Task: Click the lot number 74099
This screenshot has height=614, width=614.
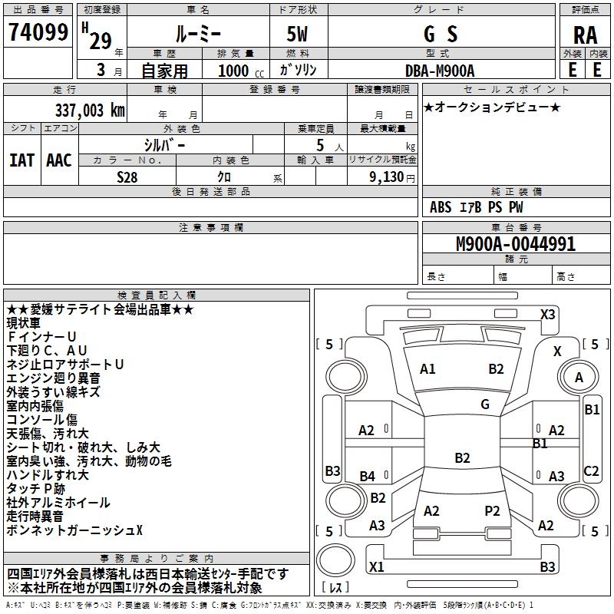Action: (x=38, y=32)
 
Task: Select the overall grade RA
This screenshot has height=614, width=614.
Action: (x=585, y=35)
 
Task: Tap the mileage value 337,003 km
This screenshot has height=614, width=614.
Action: (x=90, y=111)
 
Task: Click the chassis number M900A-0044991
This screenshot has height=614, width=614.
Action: (x=516, y=244)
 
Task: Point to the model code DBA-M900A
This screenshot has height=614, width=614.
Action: (x=440, y=71)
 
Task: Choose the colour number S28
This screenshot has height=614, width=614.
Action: (x=127, y=177)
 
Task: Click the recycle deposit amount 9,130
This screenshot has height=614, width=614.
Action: (x=387, y=177)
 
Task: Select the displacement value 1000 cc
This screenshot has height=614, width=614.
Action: (x=241, y=71)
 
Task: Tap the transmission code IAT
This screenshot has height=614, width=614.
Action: (x=21, y=160)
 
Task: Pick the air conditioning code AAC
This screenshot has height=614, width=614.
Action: (x=59, y=160)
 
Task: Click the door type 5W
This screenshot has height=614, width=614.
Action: (x=297, y=34)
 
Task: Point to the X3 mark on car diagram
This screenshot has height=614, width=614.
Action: (x=547, y=315)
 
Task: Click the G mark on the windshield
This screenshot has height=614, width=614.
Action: (x=485, y=404)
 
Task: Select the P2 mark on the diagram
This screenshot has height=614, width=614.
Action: (x=492, y=511)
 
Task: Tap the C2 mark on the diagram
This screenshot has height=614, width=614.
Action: (x=591, y=470)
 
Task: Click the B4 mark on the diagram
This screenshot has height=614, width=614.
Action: (x=368, y=476)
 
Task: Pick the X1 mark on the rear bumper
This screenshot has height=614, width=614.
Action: (x=376, y=566)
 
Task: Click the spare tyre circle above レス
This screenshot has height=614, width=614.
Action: (x=335, y=560)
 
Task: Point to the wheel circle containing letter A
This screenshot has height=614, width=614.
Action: (x=579, y=378)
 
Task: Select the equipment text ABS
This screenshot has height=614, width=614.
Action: (x=441, y=207)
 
